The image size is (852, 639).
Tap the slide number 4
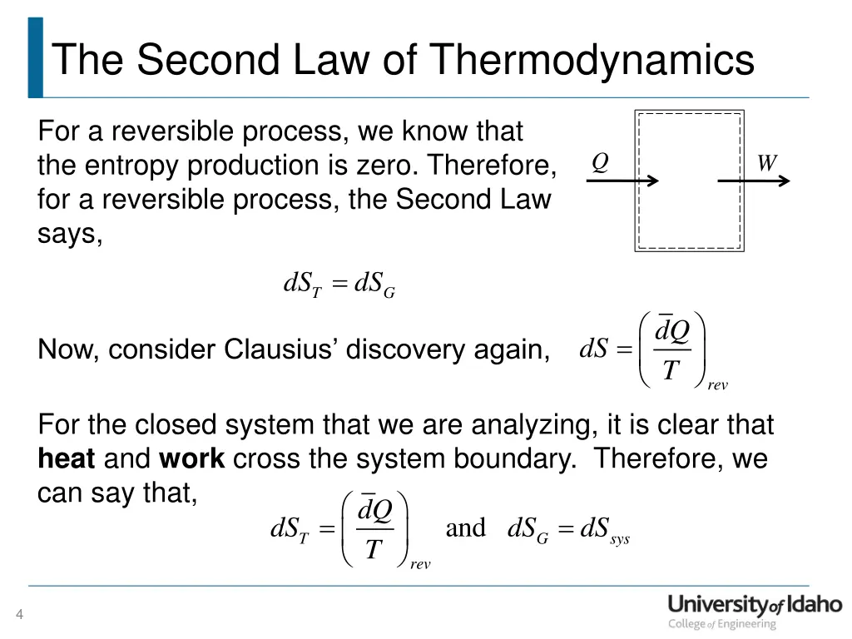19,615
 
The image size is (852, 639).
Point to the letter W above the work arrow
766,162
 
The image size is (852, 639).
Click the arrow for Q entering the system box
622,180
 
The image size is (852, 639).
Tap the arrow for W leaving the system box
753,180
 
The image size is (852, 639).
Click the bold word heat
67,458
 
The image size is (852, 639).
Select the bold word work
191,458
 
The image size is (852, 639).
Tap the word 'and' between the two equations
465,528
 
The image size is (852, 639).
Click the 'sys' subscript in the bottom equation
619,540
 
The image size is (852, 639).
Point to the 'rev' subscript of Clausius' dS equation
717,385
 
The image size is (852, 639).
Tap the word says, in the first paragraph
70,235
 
